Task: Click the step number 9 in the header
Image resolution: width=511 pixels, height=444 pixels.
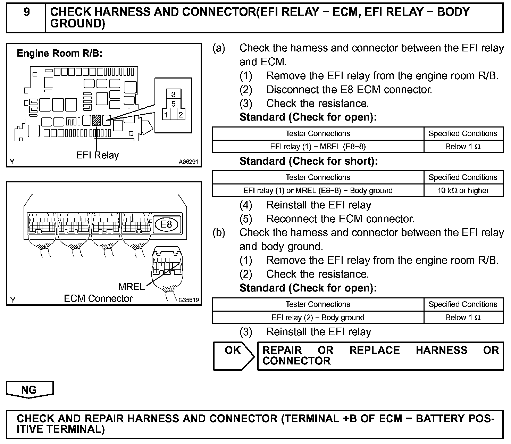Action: [x=26, y=13]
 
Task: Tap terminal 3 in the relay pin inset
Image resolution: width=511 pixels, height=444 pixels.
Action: [x=174, y=94]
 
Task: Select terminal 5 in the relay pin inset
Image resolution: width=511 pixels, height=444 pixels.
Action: [x=174, y=104]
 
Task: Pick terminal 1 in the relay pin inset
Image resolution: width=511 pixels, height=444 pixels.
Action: [x=167, y=114]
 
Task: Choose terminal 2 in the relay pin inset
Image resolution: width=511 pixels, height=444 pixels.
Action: [x=181, y=114]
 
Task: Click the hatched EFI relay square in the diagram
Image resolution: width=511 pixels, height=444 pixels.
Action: [x=97, y=120]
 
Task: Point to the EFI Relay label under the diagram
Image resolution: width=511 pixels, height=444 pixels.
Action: [x=98, y=155]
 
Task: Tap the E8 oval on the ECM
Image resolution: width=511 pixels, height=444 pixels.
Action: [x=166, y=224]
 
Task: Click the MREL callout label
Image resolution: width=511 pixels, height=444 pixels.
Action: [x=131, y=287]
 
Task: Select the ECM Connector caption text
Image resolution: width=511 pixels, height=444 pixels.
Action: [x=98, y=298]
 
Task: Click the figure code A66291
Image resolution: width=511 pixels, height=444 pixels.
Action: [x=188, y=162]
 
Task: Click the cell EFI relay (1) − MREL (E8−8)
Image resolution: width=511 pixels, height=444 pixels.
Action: [x=318, y=147]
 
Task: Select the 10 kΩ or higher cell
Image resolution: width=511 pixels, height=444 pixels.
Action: [x=463, y=190]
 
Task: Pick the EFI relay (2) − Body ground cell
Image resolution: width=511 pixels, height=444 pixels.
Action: [x=318, y=318]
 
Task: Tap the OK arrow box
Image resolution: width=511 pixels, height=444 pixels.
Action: [x=233, y=355]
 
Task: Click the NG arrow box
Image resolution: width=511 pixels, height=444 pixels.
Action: [x=30, y=389]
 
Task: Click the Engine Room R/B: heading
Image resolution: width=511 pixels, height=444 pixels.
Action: [x=59, y=54]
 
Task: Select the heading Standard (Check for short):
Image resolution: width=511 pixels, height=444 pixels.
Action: [x=308, y=161]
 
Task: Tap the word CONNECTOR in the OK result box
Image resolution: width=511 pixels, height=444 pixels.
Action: [x=296, y=361]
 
